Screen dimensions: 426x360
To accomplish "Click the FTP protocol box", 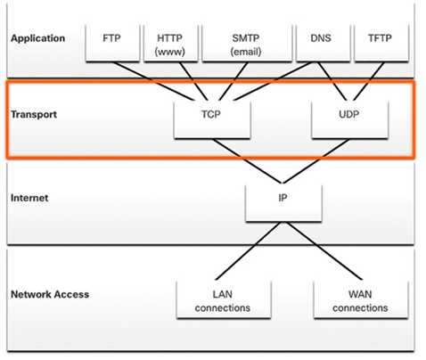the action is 112,44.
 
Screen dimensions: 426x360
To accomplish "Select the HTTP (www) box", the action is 171,44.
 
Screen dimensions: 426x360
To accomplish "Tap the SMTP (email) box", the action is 247,44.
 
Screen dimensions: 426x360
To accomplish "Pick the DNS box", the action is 324,44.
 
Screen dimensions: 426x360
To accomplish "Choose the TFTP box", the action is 381,44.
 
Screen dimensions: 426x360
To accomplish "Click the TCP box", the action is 212,119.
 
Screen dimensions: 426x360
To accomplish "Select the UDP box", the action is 350,119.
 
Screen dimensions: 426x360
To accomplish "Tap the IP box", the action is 283,203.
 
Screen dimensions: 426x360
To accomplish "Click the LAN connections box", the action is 224,299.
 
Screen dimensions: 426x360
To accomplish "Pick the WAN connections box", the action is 361,299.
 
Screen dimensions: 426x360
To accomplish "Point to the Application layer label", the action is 37,38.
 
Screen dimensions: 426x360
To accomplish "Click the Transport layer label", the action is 34,114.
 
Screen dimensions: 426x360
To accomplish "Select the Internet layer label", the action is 29,198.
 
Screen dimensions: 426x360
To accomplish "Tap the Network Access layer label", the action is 50,294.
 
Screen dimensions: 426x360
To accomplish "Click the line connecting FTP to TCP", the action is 154,81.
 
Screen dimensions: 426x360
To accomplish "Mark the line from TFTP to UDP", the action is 369,81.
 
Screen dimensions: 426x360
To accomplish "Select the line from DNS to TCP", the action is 274,81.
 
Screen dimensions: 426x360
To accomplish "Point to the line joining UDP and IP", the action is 315,161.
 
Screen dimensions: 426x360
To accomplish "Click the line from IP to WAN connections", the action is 324,251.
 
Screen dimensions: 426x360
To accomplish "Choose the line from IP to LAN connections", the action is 248,251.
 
